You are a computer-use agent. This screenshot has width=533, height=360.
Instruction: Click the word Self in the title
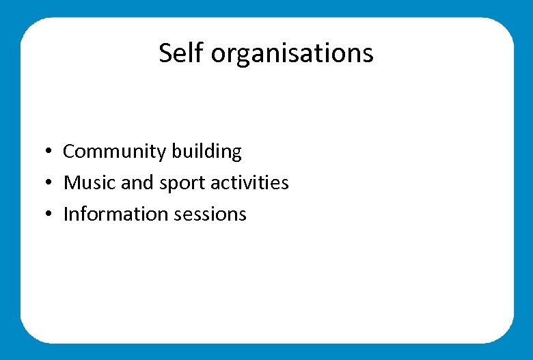pos(182,53)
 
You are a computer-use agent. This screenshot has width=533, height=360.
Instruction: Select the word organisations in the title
pos(292,54)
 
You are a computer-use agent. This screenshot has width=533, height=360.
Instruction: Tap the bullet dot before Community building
pos(50,152)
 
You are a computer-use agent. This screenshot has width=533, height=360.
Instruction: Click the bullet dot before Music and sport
pos(50,183)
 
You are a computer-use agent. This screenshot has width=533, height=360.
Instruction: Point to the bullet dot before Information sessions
pos(50,214)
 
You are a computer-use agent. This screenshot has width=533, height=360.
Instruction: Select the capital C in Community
pos(68,152)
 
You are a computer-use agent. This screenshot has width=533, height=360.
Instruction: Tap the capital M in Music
pos(71,183)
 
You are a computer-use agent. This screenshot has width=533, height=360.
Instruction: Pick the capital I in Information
pos(66,214)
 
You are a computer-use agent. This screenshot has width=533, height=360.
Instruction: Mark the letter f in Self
pos(200,53)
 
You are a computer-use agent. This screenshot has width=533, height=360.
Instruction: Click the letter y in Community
pos(163,154)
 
